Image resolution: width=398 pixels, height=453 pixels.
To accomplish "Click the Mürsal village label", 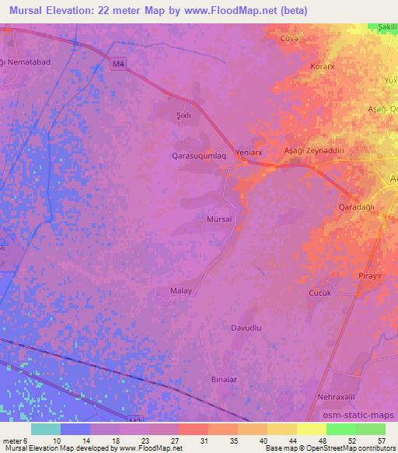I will click(219, 220).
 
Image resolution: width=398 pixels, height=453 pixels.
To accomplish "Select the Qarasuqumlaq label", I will click(199, 156).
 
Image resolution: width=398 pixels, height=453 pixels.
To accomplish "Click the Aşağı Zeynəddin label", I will click(314, 151).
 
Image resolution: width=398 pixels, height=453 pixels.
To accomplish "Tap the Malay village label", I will click(180, 291).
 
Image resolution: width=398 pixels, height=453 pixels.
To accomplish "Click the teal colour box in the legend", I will click(46, 429).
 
